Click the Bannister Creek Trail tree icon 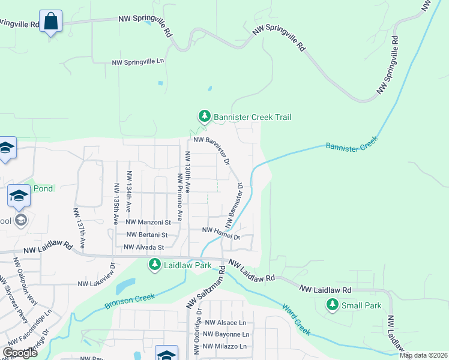click(205, 116)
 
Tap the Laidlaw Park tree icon click(155, 264)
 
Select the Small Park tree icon click(333, 305)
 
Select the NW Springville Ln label click(138, 62)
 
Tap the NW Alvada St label click(143, 247)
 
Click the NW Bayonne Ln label click(226, 334)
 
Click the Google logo click(20, 353)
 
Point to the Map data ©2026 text click(424, 355)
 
